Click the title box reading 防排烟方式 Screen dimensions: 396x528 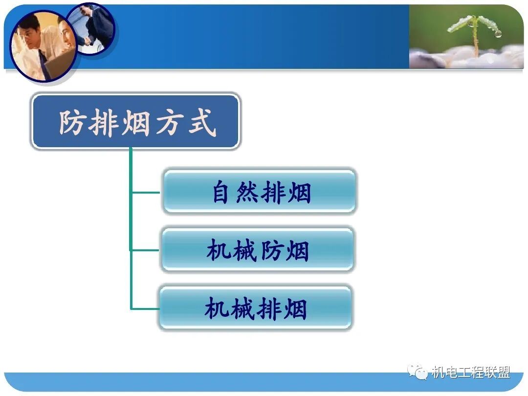coord(136,122)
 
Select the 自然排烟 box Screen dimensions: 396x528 coord(259,192)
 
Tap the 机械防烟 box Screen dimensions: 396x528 coord(257,250)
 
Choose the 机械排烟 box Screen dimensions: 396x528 coord(255,308)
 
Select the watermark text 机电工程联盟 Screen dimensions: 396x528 coord(470,373)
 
